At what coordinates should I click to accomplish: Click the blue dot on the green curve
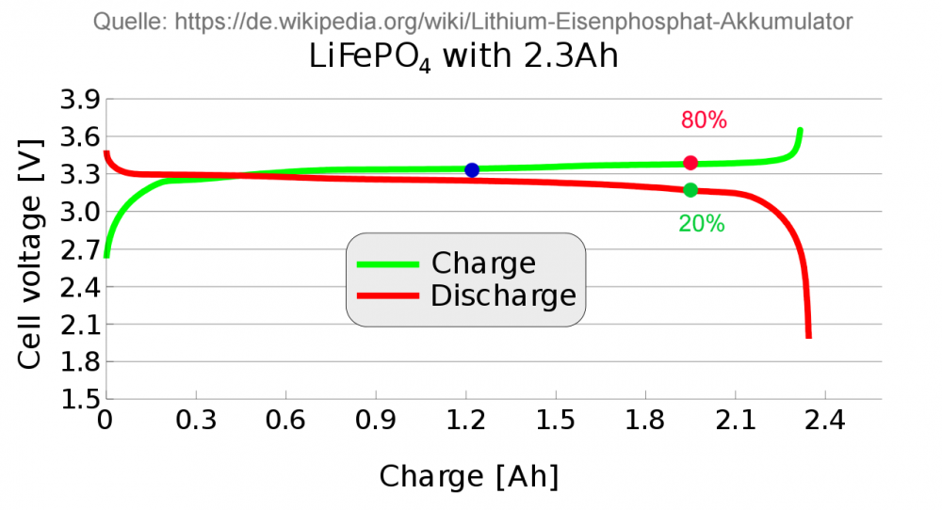[472, 169]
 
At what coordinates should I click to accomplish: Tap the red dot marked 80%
[690, 163]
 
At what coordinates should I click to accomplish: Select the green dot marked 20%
[690, 190]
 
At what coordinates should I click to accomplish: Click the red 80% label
[704, 120]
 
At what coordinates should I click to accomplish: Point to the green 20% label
[702, 224]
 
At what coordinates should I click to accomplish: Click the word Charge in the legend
[483, 263]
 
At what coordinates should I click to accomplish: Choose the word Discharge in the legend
[503, 295]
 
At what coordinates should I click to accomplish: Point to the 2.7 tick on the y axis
[80, 250]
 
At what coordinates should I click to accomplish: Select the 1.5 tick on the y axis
[80, 399]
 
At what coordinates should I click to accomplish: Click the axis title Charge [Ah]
[469, 477]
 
